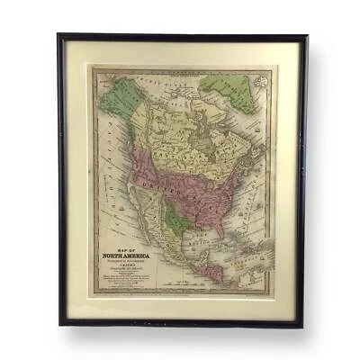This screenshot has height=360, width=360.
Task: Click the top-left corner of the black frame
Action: [x=59, y=36]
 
